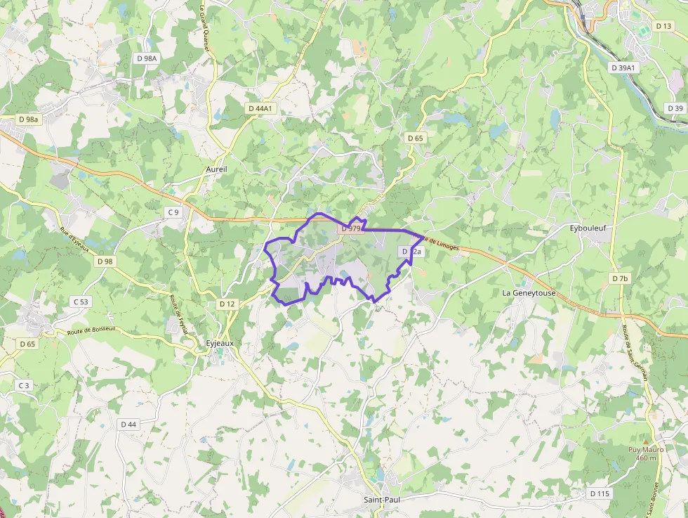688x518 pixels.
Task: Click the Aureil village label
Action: point(217,170)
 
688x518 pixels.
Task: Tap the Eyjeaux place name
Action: point(219,343)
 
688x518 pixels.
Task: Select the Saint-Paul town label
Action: point(382,500)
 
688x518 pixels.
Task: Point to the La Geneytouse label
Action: point(528,292)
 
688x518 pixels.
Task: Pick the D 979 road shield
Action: point(350,228)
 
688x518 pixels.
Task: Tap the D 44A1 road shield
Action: point(260,108)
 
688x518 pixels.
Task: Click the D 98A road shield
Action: point(147,58)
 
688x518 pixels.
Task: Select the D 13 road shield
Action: point(663,26)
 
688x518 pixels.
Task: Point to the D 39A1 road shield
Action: point(623,67)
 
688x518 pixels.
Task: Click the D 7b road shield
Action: point(620,279)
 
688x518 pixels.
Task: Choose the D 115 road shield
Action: point(600,493)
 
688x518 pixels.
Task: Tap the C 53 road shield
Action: point(81,302)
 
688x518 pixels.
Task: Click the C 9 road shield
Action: point(173,212)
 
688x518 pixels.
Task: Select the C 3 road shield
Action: point(24,385)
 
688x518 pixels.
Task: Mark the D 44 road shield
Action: point(128,424)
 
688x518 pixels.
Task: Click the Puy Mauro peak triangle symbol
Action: point(646,441)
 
